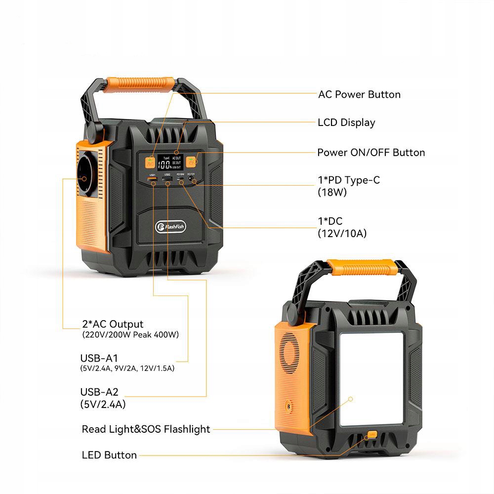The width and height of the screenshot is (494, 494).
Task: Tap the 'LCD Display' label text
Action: pyautogui.click(x=346, y=123)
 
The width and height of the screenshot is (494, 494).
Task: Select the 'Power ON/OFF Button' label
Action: pyautogui.click(x=370, y=152)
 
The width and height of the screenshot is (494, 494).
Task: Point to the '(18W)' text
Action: pyautogui.click(x=332, y=193)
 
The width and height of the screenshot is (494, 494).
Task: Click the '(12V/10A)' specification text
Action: pyautogui.click(x=342, y=234)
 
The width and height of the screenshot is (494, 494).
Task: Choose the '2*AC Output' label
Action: pyautogui.click(x=113, y=325)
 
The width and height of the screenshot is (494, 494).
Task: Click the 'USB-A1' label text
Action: pyautogui.click(x=99, y=358)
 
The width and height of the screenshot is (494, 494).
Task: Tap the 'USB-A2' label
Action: pyautogui.click(x=99, y=392)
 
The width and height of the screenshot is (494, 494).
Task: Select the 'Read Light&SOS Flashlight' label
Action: pyautogui.click(x=146, y=429)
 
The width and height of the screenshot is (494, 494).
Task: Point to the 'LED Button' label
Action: pyautogui.click(x=109, y=455)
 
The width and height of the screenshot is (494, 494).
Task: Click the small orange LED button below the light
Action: pyautogui.click(x=372, y=435)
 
